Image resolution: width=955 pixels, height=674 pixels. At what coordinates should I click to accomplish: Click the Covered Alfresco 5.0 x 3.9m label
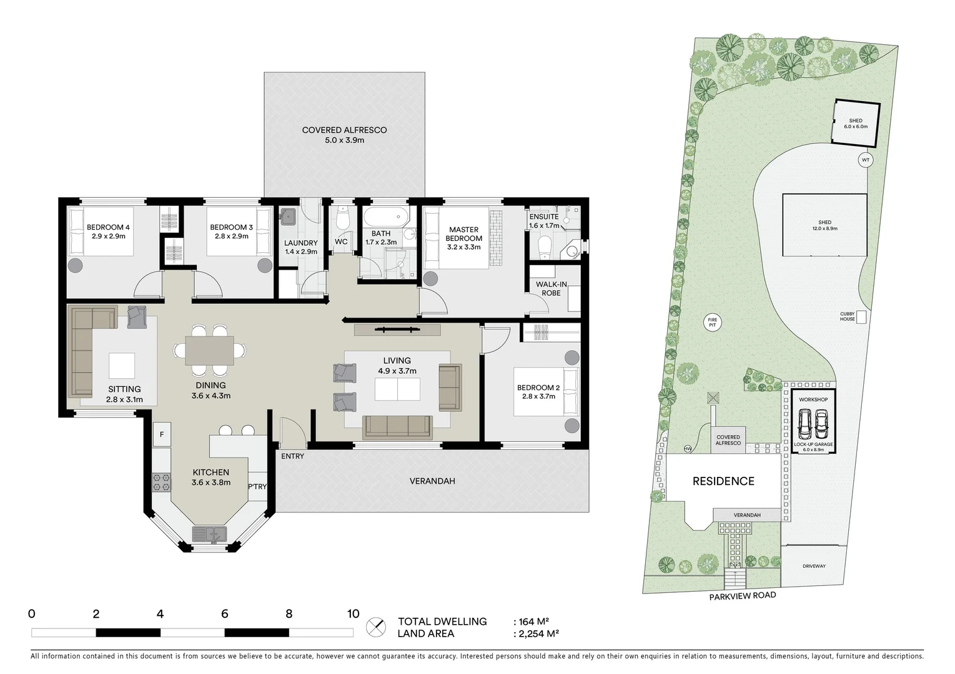[344, 135]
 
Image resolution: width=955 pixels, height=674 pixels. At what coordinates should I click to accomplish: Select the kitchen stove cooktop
[162, 481]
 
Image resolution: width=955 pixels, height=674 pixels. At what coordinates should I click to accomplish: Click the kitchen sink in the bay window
[209, 534]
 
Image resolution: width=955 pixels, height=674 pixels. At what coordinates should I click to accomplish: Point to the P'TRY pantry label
[257, 487]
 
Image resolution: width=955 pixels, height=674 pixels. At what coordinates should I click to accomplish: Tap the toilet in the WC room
[342, 219]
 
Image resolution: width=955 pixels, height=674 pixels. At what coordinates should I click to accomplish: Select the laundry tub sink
[288, 217]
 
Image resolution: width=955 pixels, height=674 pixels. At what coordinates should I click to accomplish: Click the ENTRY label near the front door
[292, 456]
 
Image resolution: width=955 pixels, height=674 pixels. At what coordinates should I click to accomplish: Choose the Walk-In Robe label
[551, 288]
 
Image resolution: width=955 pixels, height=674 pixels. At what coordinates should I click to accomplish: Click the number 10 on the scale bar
[353, 613]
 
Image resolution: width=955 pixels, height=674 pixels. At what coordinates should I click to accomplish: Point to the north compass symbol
[375, 626]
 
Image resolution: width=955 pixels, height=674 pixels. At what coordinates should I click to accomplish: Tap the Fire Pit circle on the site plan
[711, 322]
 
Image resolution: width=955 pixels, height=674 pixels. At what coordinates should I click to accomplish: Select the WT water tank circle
[865, 160]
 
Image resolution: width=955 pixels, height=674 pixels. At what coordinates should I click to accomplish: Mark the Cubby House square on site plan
[861, 317]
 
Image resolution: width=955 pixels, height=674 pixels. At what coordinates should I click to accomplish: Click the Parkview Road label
[742, 596]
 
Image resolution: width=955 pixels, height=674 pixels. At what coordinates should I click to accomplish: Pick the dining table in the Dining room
[209, 350]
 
